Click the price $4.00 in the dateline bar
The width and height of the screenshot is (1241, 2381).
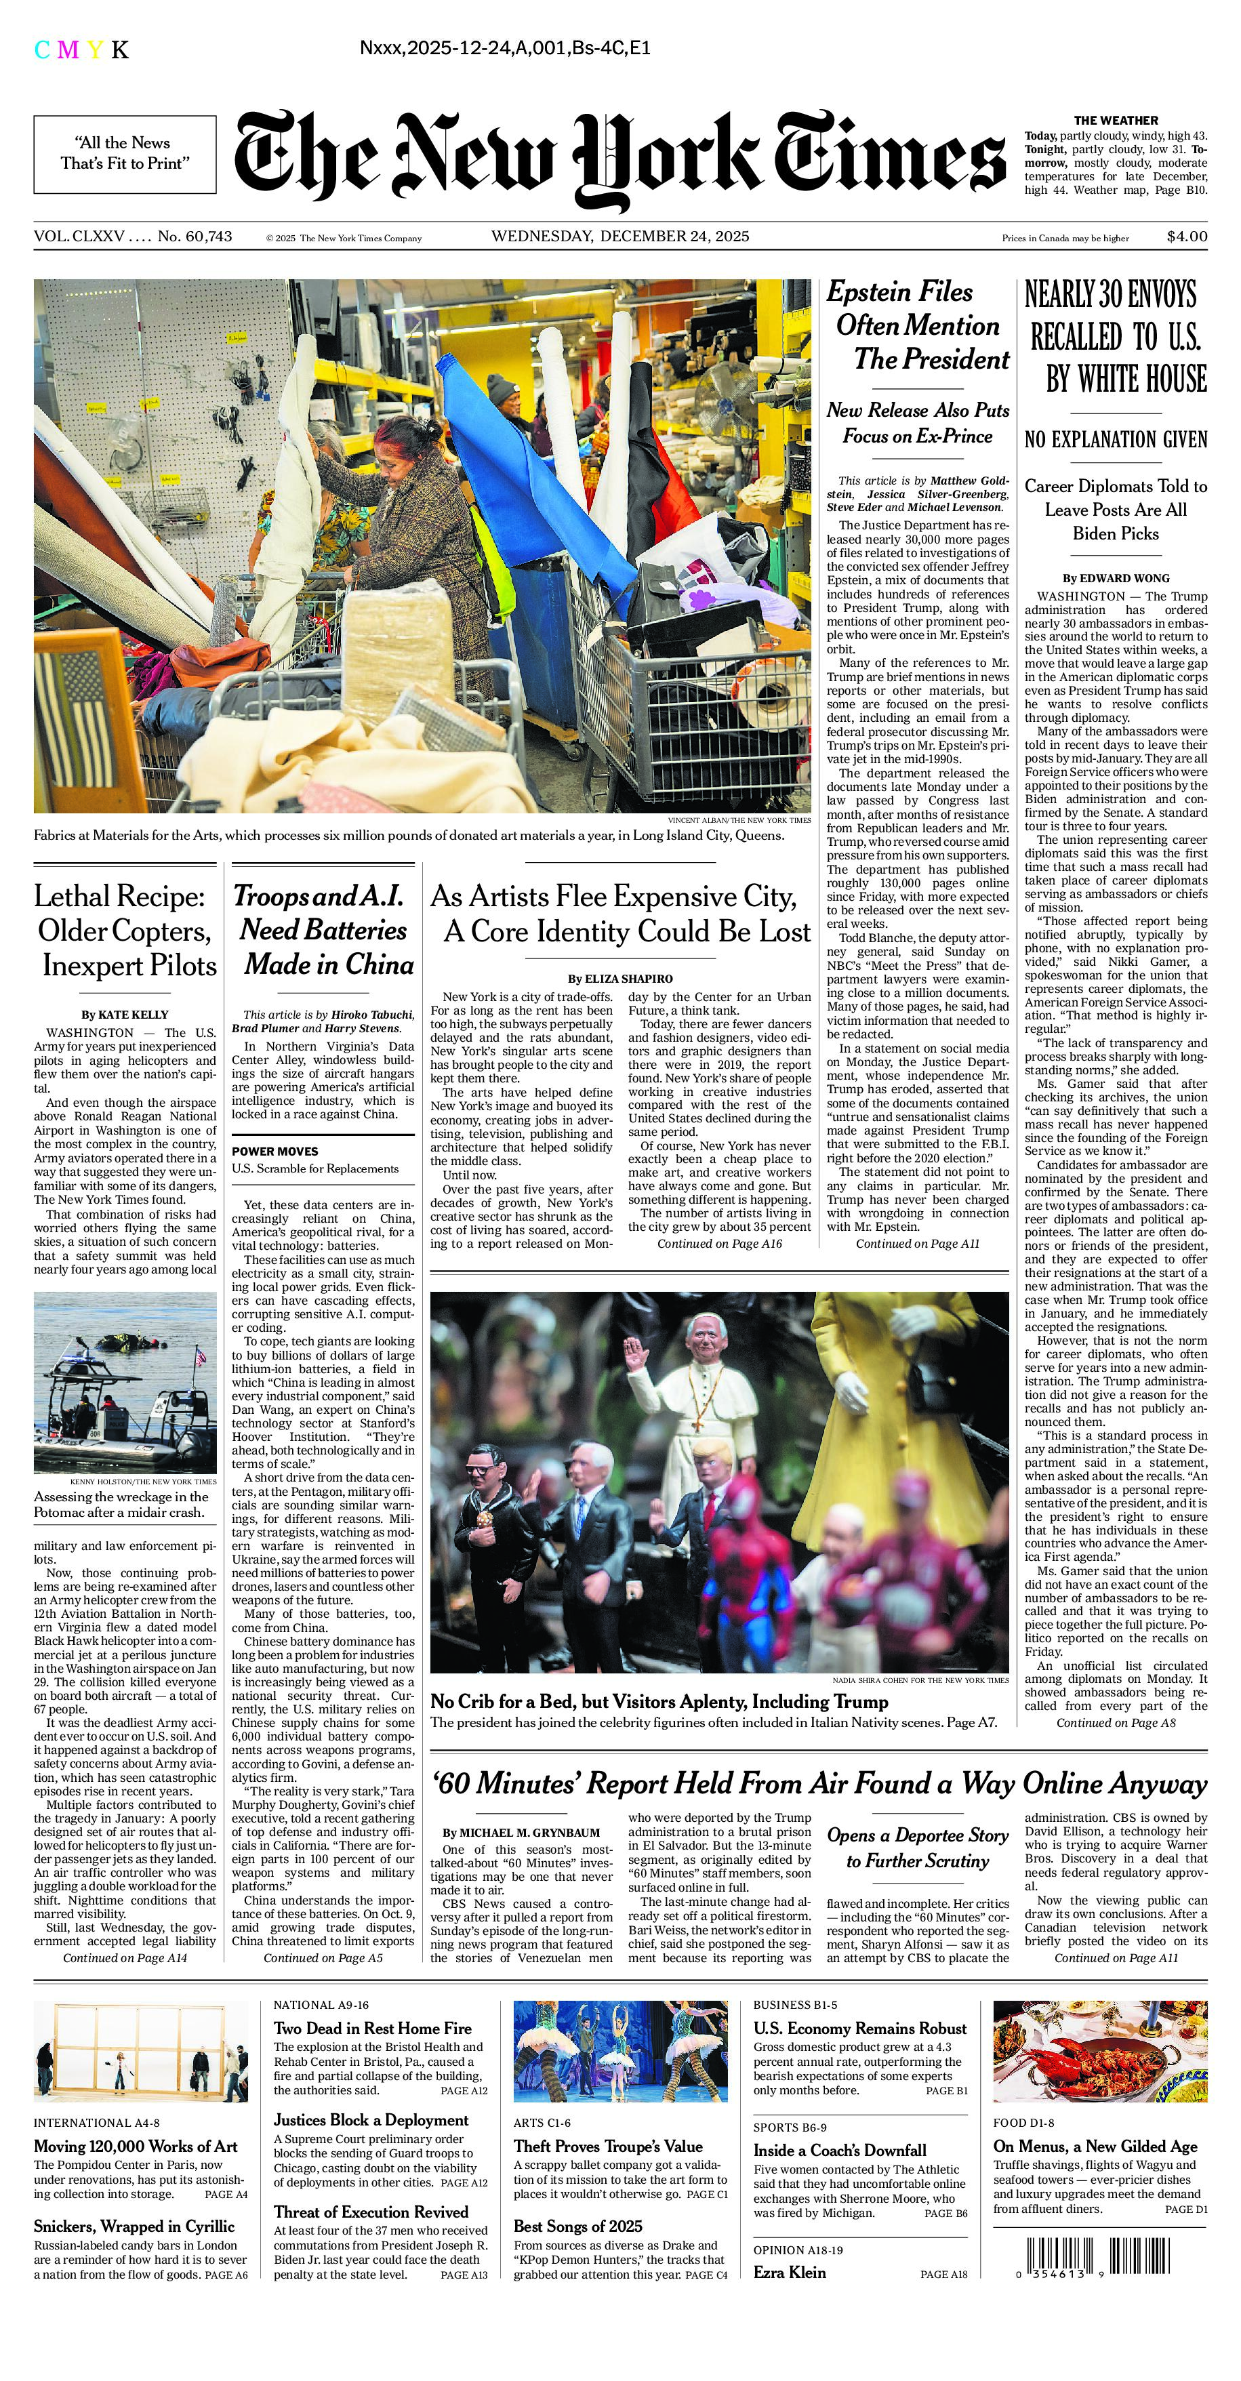(x=1187, y=237)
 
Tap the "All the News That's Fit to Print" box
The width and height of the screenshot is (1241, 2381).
(x=125, y=153)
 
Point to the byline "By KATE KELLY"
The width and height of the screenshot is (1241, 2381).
(x=125, y=1014)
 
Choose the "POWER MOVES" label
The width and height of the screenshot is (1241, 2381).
(x=274, y=1152)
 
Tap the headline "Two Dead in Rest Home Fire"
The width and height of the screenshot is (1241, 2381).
(x=372, y=2029)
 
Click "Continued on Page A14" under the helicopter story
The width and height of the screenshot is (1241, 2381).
(x=125, y=1957)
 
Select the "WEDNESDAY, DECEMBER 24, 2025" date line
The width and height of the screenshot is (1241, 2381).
(x=620, y=237)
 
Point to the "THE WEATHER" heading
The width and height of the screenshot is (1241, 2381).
(x=1116, y=120)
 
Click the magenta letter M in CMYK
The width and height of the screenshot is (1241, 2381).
(x=68, y=50)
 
